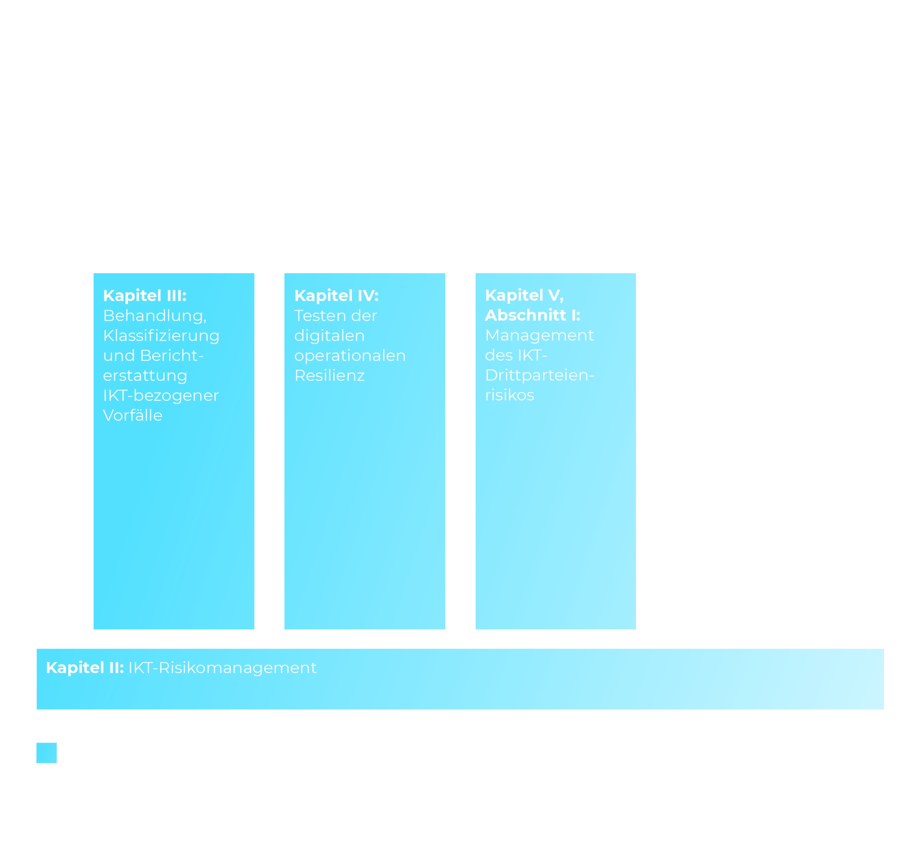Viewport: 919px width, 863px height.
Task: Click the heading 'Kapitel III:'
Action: (145, 296)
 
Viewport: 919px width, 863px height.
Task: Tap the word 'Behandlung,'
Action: (155, 316)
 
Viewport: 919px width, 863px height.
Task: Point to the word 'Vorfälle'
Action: (133, 415)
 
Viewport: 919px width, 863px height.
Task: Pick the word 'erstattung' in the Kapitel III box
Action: (145, 376)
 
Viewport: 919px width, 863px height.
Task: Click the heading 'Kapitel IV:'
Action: (336, 296)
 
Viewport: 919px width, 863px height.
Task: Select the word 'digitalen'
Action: (329, 336)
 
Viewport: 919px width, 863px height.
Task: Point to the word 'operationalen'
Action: (350, 356)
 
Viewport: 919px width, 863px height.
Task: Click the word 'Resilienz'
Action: (329, 376)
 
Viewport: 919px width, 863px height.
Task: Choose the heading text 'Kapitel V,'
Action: (524, 295)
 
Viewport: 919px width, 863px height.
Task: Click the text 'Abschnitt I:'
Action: (532, 315)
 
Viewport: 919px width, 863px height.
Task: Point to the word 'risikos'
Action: (509, 395)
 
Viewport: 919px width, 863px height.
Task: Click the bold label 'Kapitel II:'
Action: (85, 668)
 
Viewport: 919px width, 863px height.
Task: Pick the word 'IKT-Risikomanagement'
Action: (222, 668)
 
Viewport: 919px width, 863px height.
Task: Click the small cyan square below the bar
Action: (47, 753)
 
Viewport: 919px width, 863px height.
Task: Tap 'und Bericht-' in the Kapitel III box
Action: (153, 356)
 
